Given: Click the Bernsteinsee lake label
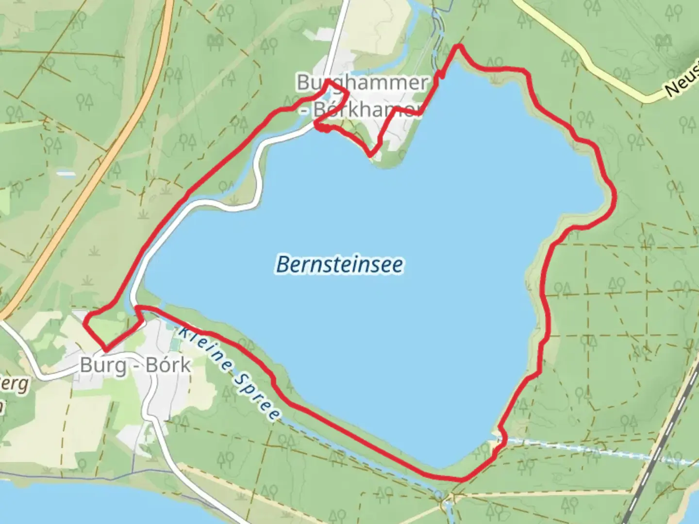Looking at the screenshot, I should [339, 265].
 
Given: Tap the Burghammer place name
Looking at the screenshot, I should [362, 82].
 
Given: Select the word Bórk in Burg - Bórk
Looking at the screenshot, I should [168, 365].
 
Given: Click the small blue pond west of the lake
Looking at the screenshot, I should [66, 173].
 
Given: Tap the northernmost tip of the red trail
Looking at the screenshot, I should [458, 47].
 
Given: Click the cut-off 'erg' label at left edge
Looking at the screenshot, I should [17, 384].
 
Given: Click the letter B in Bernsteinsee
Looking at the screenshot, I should [283, 265].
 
